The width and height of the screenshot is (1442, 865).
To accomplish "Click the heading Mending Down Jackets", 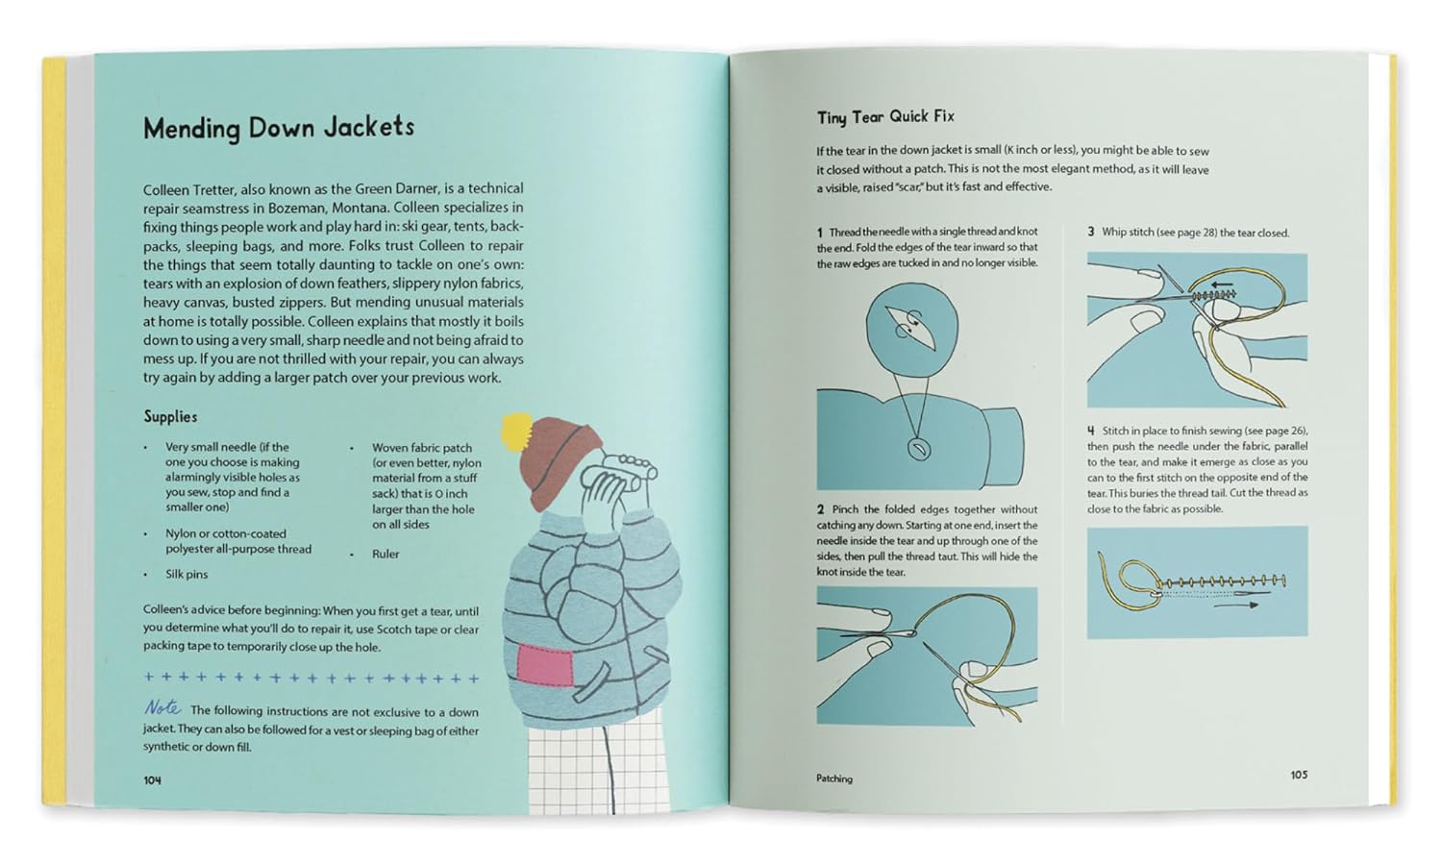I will tap(278, 128).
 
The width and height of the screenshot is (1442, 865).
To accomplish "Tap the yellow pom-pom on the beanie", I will tap(516, 428).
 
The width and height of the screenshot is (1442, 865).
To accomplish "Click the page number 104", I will tap(152, 780).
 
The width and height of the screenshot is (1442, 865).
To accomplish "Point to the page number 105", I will tap(1299, 775).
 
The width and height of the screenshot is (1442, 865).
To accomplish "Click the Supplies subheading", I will tap(170, 416).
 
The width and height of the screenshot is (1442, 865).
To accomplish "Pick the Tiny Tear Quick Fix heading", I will tap(885, 116).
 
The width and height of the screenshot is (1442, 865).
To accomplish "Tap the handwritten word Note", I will tap(162, 707).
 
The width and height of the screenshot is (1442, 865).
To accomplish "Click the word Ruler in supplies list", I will tap(385, 554).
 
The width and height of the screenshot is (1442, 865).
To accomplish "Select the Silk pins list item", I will tap(186, 574).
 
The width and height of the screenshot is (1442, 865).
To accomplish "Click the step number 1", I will tap(820, 233).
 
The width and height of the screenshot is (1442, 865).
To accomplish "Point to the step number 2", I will tap(821, 509).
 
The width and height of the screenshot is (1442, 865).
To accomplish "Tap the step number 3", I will tap(1091, 233).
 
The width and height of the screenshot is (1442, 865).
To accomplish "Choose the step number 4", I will tap(1091, 431).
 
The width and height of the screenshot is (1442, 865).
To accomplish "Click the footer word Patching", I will tap(834, 778).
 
